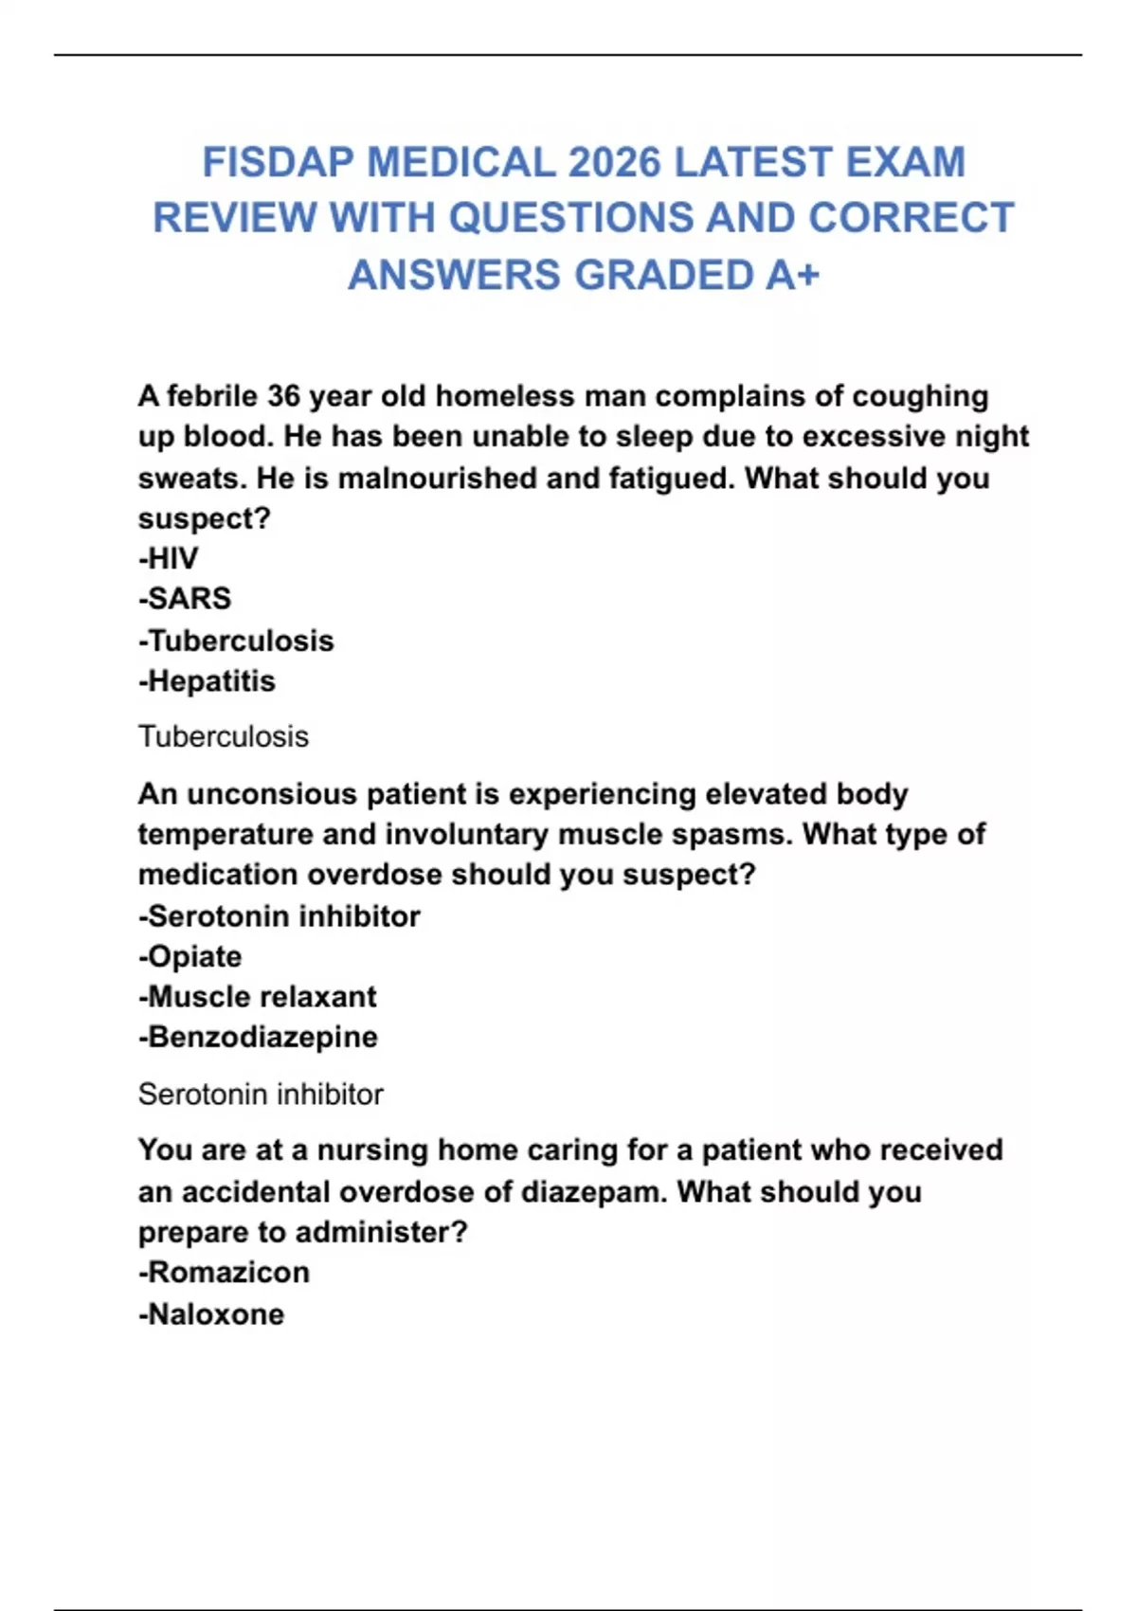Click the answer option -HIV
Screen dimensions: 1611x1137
pos(169,558)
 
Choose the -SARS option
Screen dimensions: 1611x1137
pos(185,599)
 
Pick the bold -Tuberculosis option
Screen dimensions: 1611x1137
pos(236,641)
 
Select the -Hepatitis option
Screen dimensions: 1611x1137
pos(207,681)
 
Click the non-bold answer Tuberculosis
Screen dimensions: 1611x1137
pos(224,736)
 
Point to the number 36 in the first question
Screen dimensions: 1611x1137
pos(283,396)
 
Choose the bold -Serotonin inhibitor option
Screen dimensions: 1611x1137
pos(280,916)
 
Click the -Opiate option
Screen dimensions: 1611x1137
pos(190,957)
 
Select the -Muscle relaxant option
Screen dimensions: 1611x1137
pos(258,997)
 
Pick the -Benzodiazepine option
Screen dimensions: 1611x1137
pos(258,1037)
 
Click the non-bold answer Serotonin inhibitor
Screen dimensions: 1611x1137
pos(261,1095)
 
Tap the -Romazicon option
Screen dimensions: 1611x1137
pos(225,1272)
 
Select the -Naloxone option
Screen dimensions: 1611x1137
pos(211,1314)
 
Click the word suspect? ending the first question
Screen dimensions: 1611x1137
pos(205,518)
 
